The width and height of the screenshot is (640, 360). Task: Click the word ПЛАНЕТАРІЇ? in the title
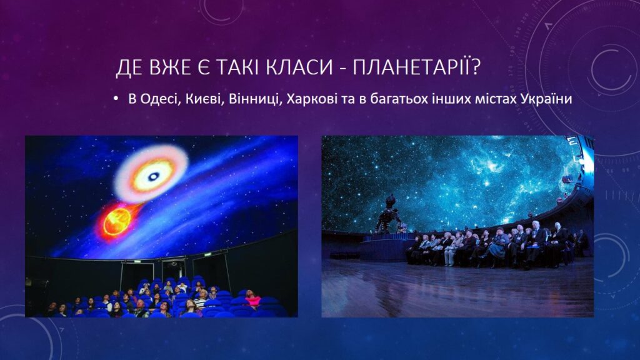(416, 67)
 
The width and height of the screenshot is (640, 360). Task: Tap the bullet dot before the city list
(116, 99)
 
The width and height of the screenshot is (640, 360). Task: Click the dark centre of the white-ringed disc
(153, 176)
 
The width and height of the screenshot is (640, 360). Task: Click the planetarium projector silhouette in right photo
(387, 214)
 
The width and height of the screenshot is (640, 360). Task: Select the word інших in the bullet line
(448, 99)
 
